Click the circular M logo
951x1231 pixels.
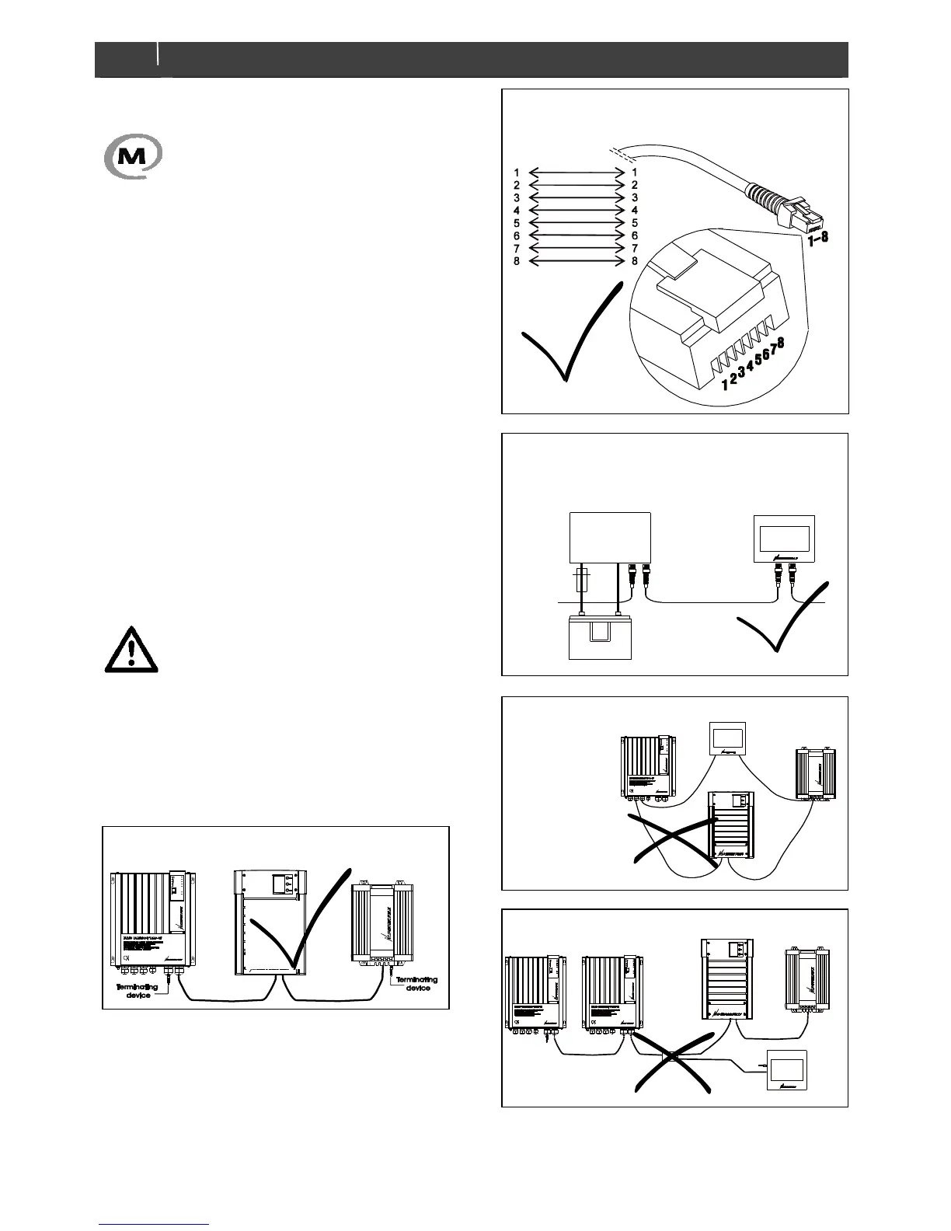133,155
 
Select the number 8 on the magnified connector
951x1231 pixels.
779,342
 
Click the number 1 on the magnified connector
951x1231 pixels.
724,383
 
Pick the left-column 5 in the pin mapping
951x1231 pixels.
517,223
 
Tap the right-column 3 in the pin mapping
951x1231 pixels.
634,197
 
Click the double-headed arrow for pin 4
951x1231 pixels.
576,211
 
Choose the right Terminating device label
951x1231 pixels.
416,984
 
